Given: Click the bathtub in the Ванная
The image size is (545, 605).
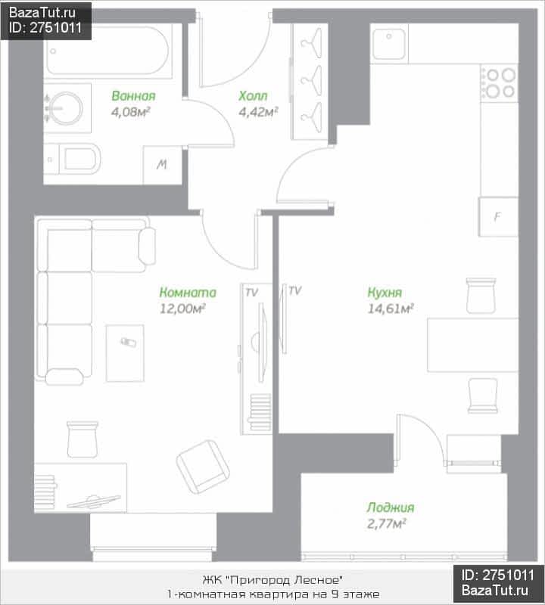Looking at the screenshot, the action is [108, 51].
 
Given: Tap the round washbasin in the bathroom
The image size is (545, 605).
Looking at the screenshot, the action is [65, 108].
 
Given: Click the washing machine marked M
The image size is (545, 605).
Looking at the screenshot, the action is [162, 165].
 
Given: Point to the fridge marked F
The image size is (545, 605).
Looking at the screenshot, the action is [498, 216].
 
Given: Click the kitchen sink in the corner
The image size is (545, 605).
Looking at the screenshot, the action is [389, 43].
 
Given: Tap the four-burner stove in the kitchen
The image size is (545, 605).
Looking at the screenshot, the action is [500, 83].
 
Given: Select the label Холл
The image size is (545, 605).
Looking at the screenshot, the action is [253, 96].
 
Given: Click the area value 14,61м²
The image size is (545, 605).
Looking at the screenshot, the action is [390, 309].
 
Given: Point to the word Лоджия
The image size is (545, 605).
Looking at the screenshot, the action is [390, 507].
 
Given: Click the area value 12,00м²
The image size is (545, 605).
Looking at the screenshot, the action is [182, 309].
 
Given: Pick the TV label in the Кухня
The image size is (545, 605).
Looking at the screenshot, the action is [294, 290].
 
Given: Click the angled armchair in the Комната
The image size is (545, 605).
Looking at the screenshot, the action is [203, 467].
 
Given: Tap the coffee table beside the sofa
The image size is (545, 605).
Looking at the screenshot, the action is [125, 353].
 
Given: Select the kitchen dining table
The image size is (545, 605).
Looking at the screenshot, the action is [473, 345].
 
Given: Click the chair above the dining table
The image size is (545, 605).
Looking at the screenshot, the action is [481, 296].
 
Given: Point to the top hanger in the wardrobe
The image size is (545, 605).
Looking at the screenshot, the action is [312, 43].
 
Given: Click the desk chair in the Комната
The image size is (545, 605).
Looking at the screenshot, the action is [83, 439].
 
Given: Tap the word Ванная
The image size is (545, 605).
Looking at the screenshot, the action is [134, 96].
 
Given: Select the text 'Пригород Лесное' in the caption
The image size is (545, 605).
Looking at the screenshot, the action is [284, 580].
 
